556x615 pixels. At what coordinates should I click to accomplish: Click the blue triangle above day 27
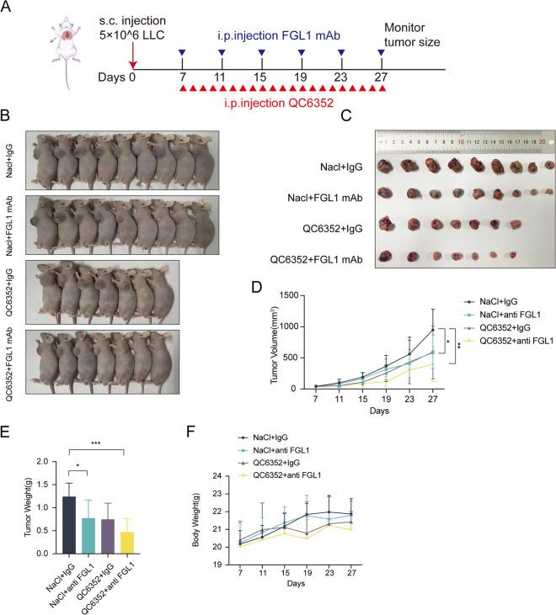click(x=382, y=54)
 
